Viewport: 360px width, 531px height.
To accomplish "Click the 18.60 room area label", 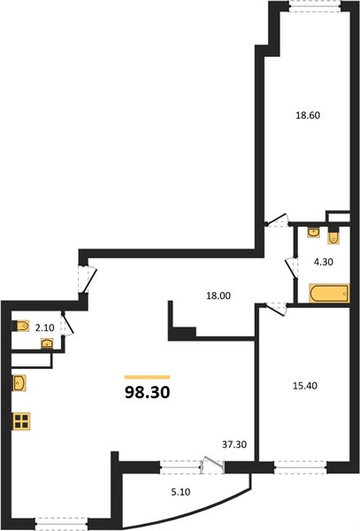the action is click(308, 115).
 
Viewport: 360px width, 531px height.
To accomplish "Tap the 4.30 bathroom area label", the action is click(324, 262).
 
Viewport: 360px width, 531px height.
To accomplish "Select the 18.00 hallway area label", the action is click(218, 296).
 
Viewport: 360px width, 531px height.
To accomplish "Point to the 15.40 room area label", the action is click(305, 386).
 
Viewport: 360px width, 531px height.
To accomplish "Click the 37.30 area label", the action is click(234, 444).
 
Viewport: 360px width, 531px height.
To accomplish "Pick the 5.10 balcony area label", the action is click(180, 492).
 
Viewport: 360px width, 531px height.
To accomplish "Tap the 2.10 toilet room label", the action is click(44, 327).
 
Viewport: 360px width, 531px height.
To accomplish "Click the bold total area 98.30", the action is click(148, 392).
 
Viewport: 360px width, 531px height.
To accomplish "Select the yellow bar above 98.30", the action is click(147, 377).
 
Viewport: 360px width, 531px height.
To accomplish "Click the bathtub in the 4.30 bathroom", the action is click(329, 293).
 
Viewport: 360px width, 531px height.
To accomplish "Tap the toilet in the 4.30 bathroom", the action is click(333, 236).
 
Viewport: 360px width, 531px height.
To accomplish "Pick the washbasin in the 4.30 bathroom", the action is click(314, 233).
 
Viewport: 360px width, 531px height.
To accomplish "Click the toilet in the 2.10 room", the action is click(20, 326).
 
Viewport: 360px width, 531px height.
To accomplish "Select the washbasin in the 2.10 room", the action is click(47, 343).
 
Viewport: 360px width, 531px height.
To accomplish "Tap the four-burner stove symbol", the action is click(21, 421).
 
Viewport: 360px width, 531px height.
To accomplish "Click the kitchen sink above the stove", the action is click(19, 383).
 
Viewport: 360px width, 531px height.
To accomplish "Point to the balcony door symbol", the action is click(212, 466).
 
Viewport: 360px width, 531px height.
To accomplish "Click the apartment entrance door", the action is click(88, 280).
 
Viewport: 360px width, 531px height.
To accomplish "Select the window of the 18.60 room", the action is click(315, 6).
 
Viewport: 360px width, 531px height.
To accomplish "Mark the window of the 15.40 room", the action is click(301, 467).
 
